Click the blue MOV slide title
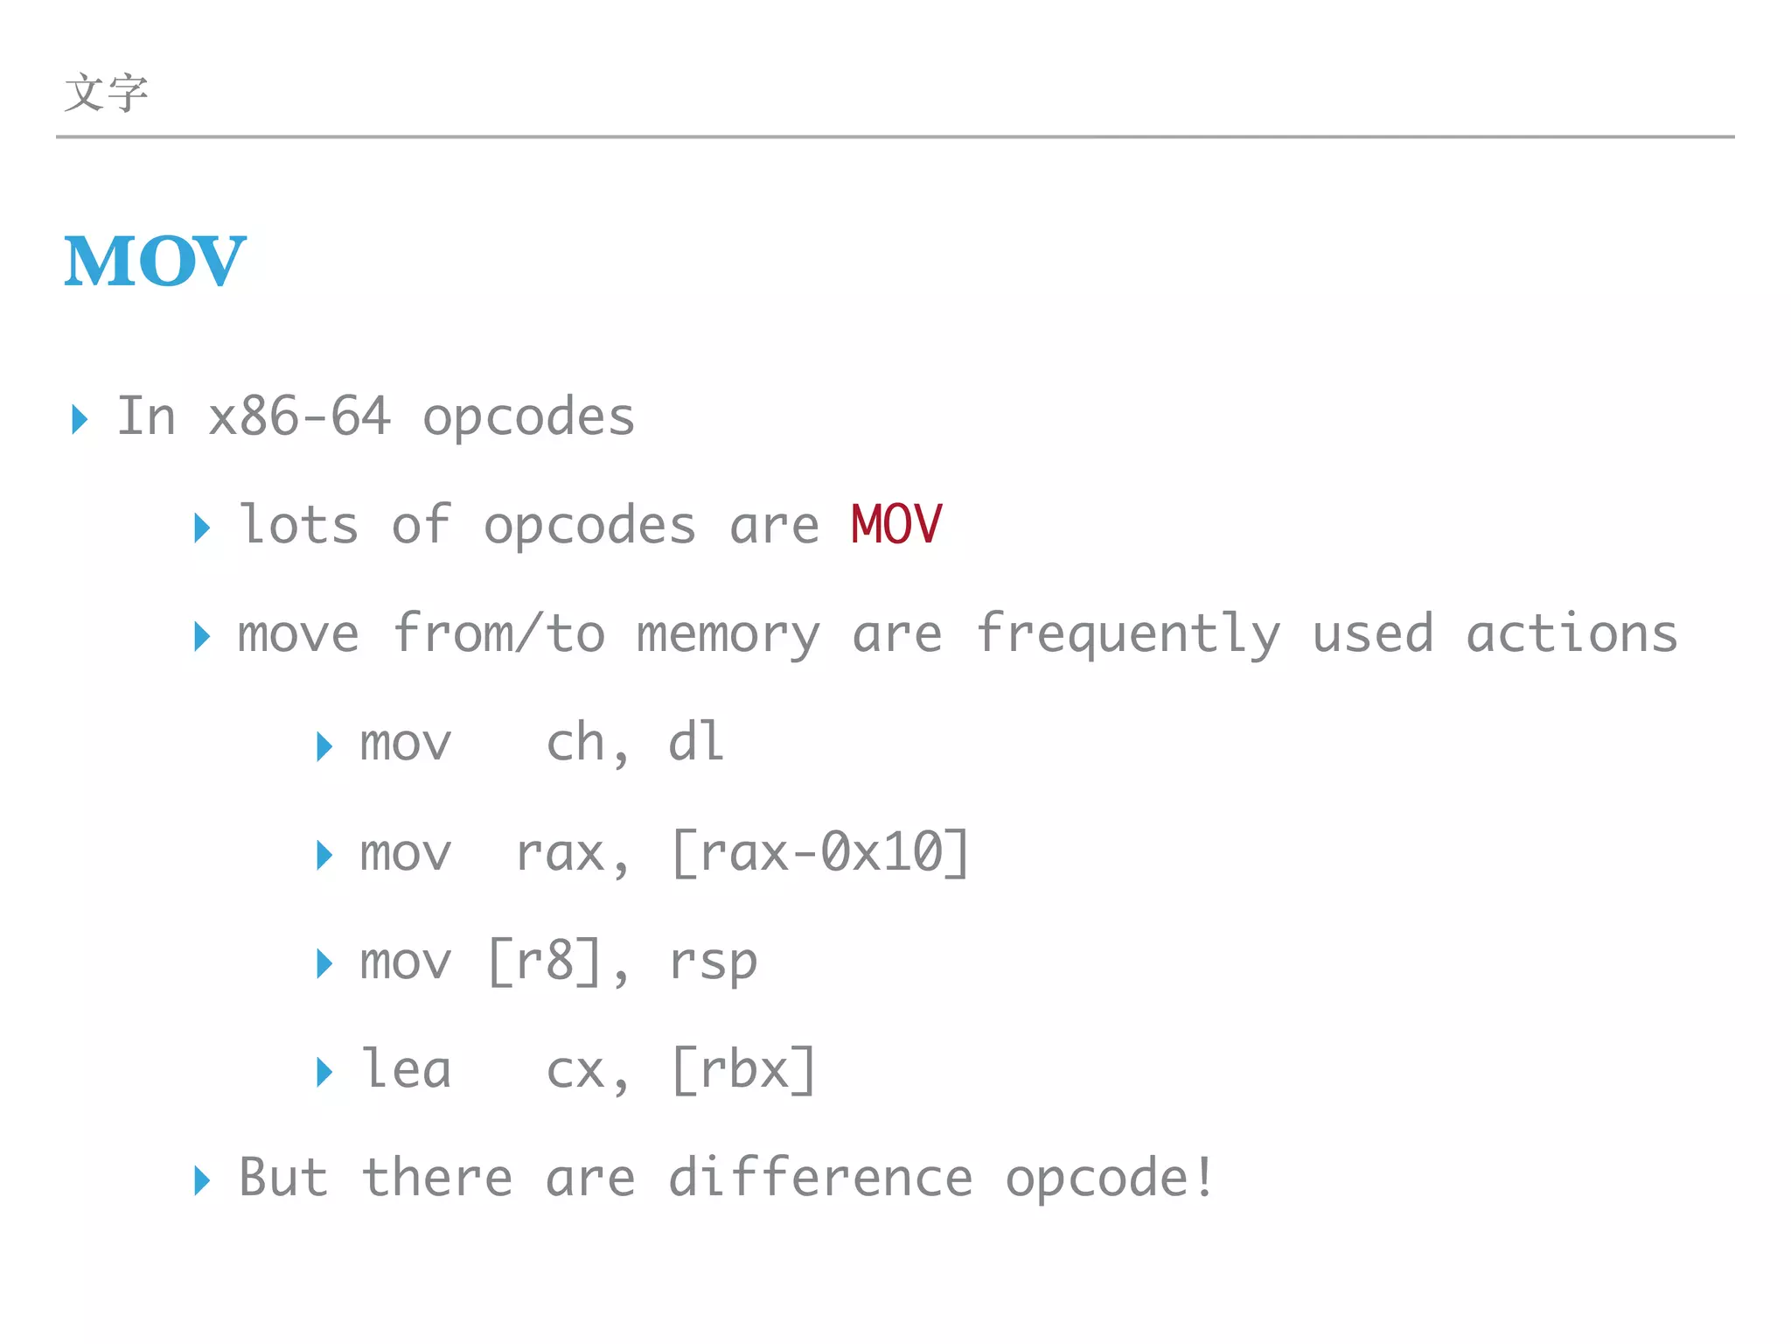tap(155, 261)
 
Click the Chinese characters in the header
tap(106, 93)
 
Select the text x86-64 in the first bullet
tap(299, 416)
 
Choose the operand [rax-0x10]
tap(820, 853)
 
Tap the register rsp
tap(713, 962)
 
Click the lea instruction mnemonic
tap(406, 1070)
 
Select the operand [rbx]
tap(744, 1070)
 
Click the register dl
tap(696, 743)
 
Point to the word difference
tap(820, 1178)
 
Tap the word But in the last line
tap(283, 1178)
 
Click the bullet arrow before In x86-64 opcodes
tap(80, 419)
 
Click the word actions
tap(1571, 633)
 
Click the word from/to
tap(498, 633)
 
